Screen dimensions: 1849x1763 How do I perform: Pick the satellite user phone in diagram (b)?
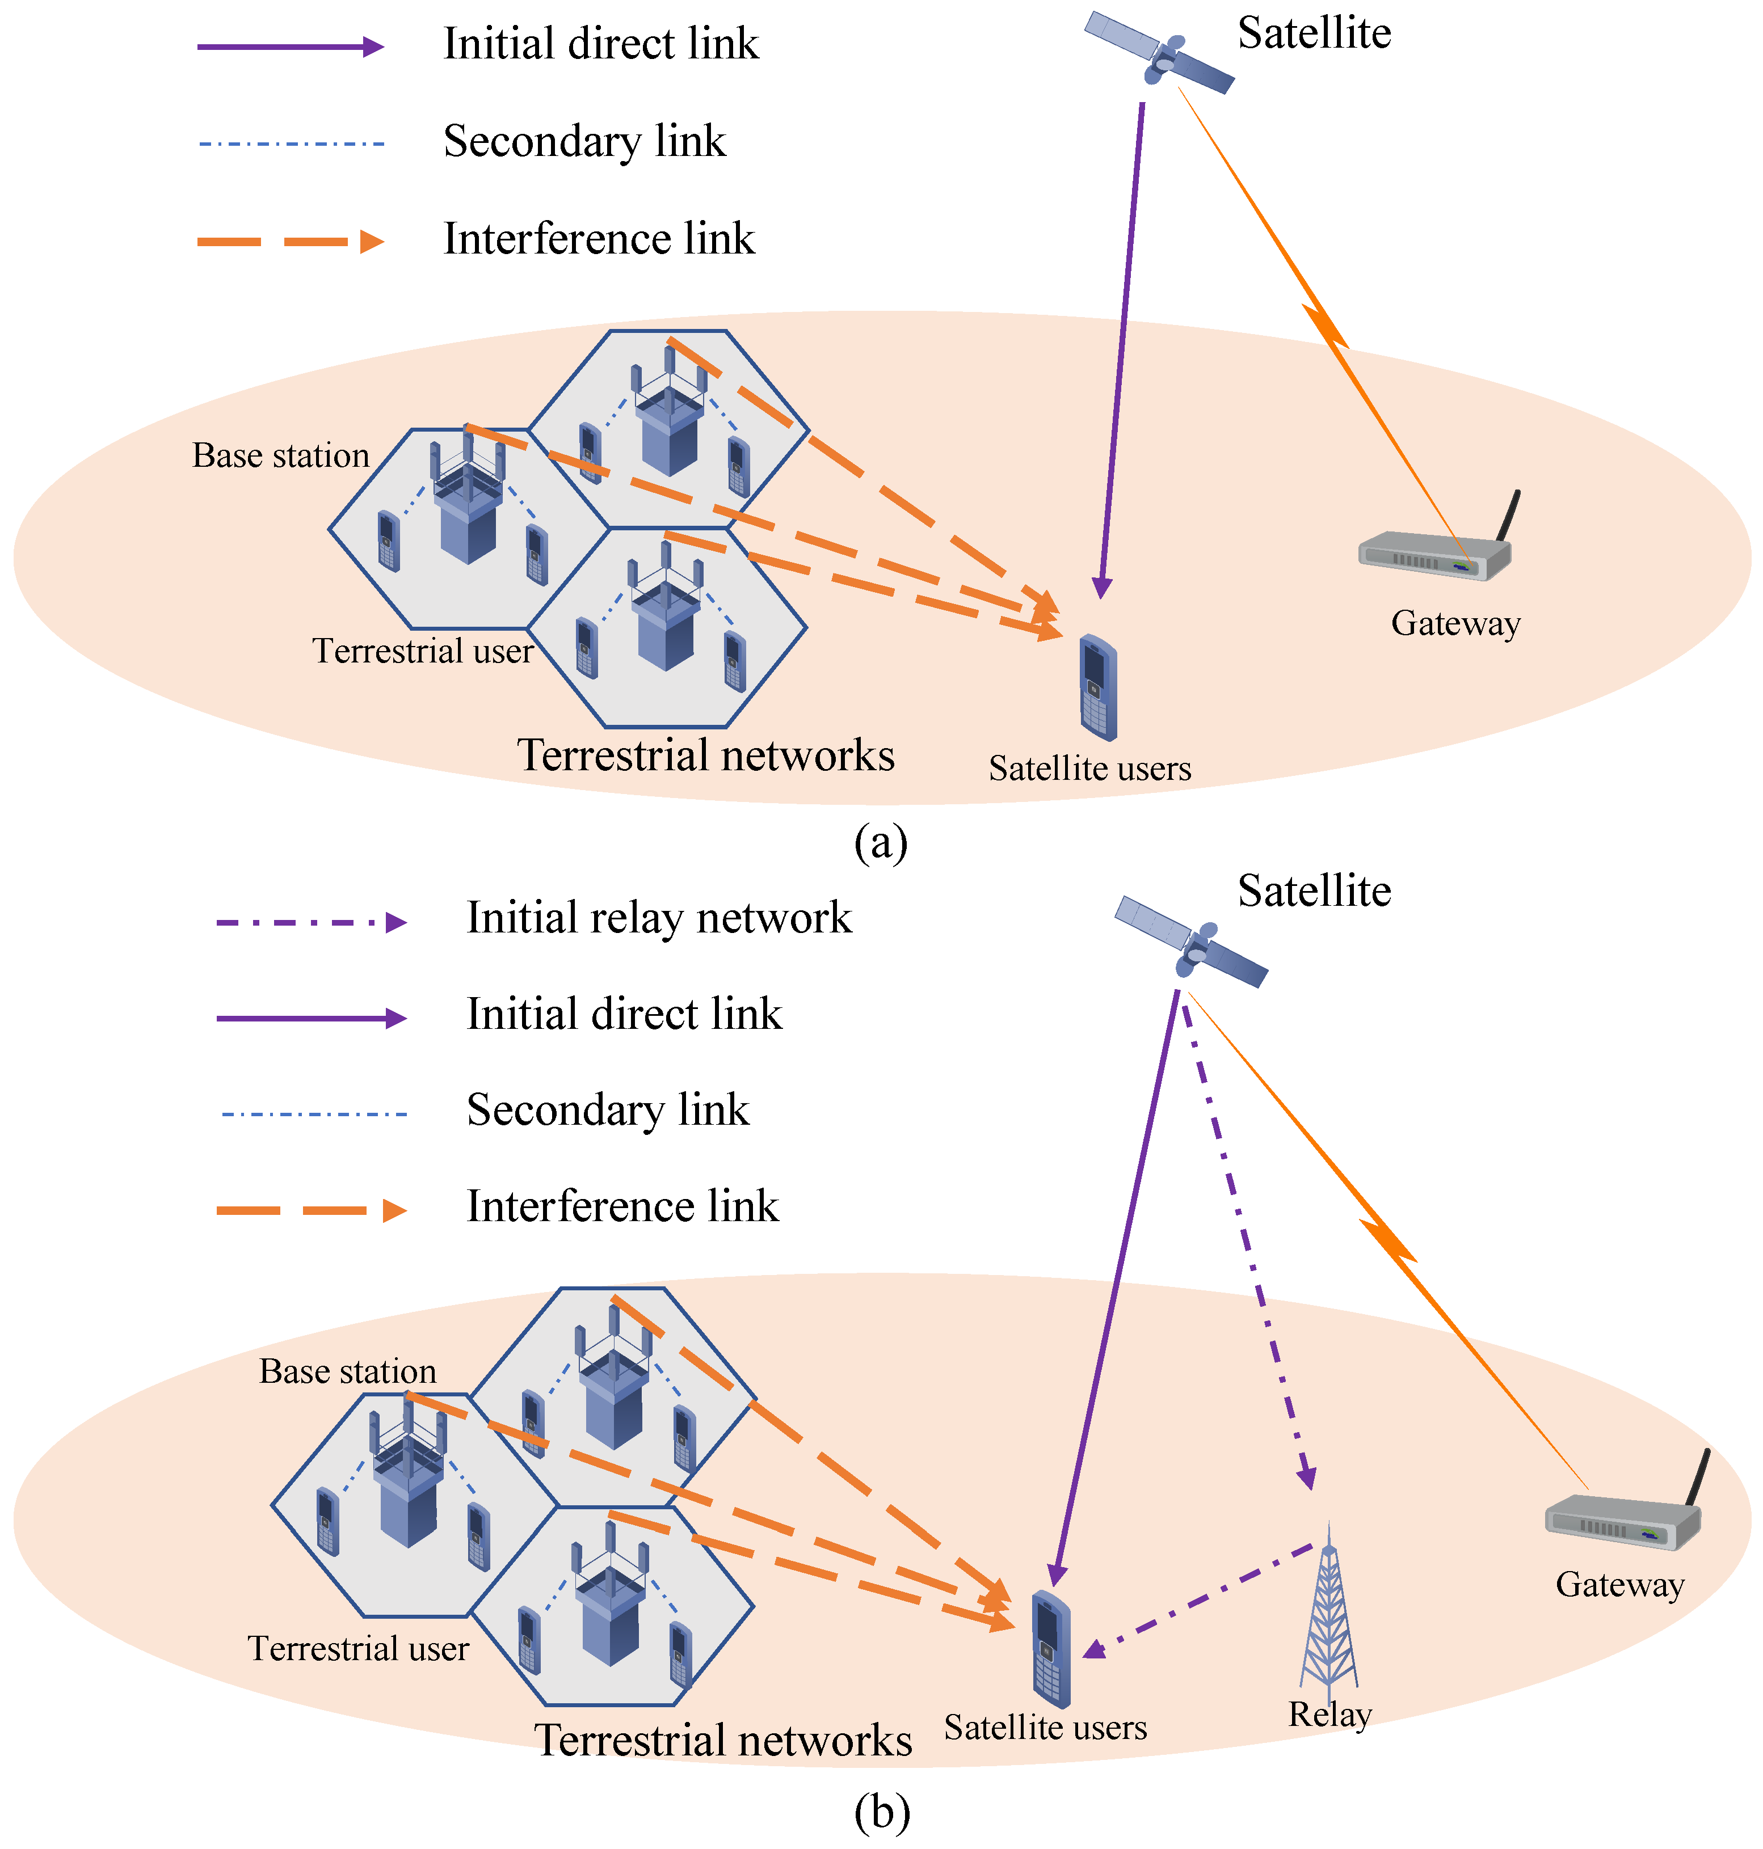pyautogui.click(x=1051, y=1648)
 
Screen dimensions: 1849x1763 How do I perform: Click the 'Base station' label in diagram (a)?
pyautogui.click(x=280, y=455)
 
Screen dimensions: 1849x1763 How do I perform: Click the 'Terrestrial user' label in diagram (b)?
pyautogui.click(x=358, y=1648)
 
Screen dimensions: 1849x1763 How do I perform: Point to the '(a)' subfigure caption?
pyautogui.click(x=881, y=843)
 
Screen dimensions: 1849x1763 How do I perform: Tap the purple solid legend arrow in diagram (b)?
pyautogui.click(x=310, y=1019)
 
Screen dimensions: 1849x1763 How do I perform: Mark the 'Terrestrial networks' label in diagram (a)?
pyautogui.click(x=706, y=755)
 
